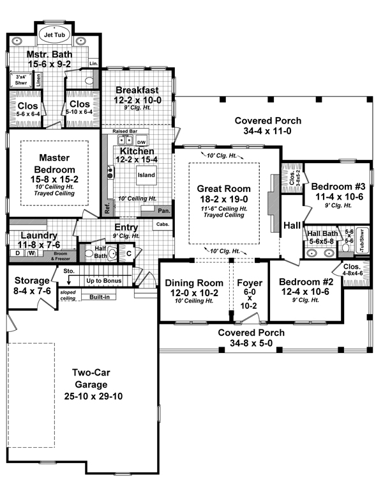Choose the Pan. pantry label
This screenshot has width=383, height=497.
(x=163, y=210)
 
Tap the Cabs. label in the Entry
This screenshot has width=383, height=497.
(x=161, y=225)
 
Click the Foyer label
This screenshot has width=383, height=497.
(x=245, y=283)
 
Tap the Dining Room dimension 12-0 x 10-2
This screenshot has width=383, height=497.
(x=191, y=293)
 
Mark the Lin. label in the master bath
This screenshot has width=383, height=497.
(x=93, y=63)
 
